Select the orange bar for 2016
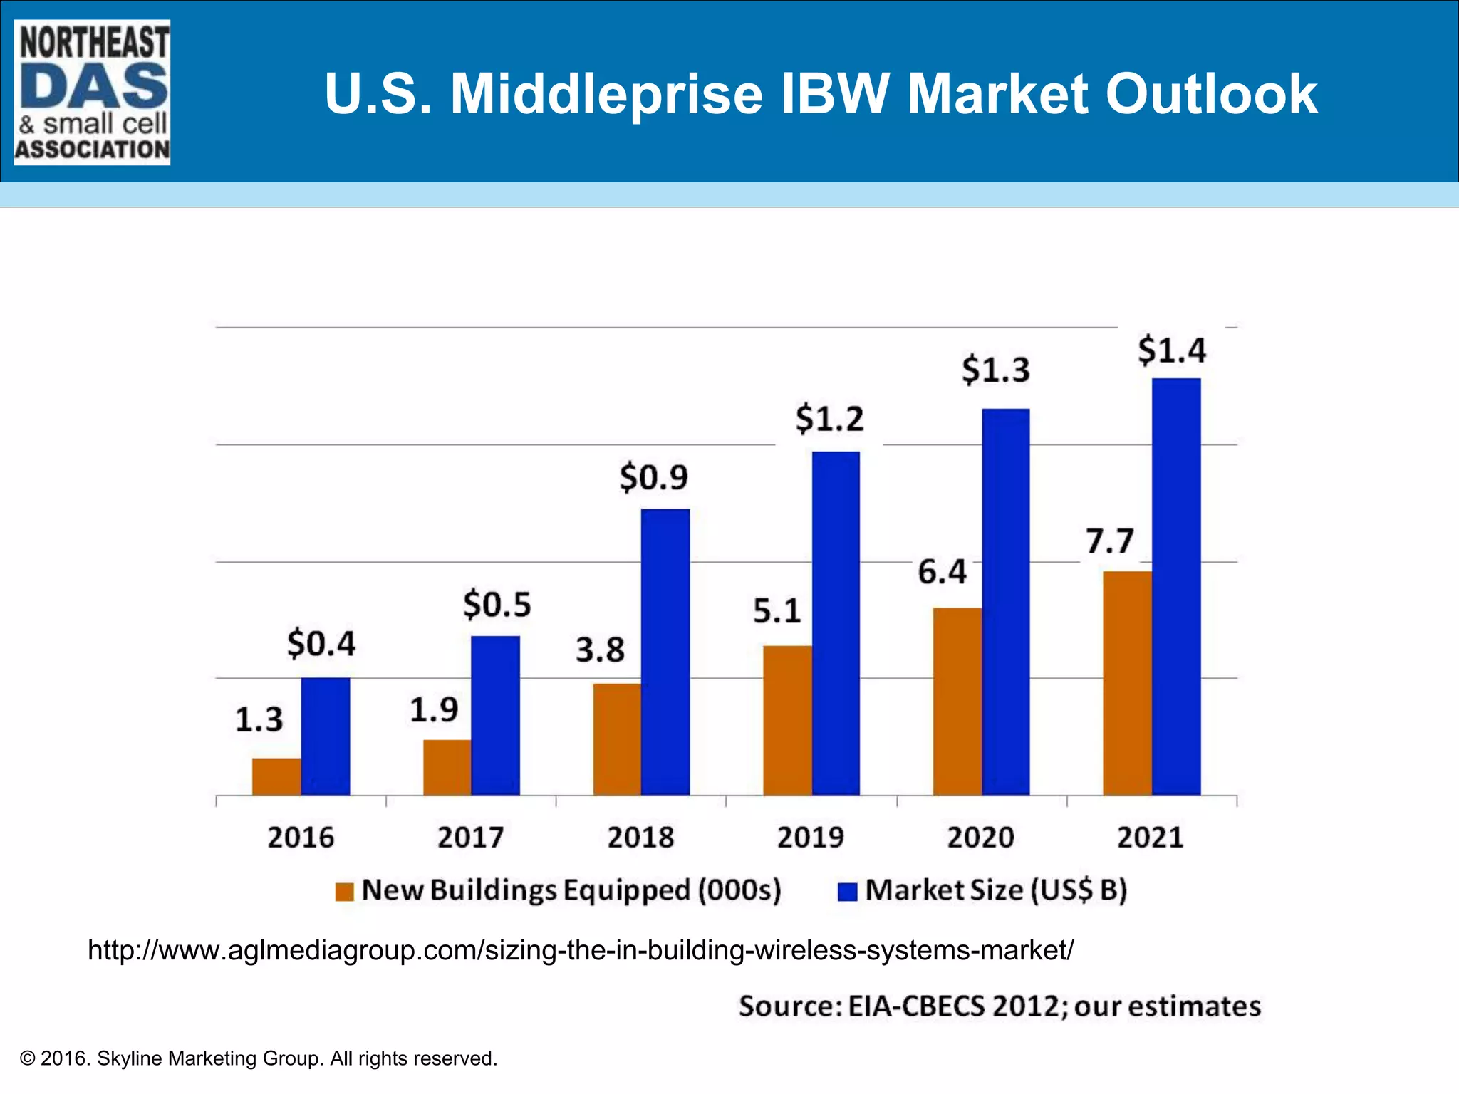[276, 776]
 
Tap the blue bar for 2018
[665, 652]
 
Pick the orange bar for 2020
[957, 701]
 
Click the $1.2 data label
[829, 418]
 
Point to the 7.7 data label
[1109, 541]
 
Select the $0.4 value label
[321, 643]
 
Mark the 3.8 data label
[600, 650]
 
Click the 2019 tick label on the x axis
[810, 837]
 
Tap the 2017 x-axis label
[470, 837]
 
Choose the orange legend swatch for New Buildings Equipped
[345, 892]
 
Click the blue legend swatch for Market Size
[847, 892]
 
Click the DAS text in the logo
[93, 85]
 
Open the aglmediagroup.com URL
[580, 950]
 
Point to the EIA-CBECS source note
[999, 1006]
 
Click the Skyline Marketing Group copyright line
[259, 1058]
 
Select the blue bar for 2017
[495, 715]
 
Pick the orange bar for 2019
[786, 720]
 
